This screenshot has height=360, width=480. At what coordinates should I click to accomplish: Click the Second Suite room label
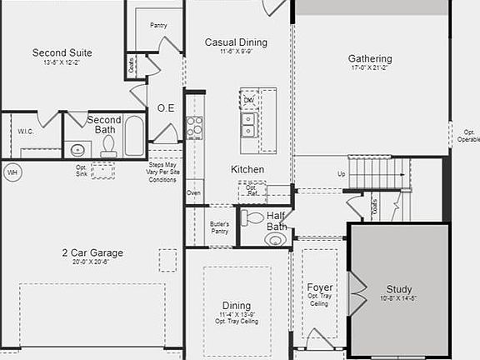(62, 52)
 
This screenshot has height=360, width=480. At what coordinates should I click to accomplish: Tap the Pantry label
(158, 25)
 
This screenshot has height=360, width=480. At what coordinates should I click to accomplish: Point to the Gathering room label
(370, 58)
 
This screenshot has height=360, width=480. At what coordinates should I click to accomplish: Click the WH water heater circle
(12, 172)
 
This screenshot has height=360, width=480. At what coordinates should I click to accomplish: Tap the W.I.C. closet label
(25, 132)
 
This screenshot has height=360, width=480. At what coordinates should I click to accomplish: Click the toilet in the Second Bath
(107, 145)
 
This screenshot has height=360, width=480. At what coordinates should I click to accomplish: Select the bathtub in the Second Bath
(134, 137)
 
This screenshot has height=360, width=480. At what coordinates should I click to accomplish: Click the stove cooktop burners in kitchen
(194, 127)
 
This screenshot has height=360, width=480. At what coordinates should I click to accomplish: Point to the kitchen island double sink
(248, 124)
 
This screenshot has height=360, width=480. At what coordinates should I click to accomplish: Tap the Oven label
(193, 192)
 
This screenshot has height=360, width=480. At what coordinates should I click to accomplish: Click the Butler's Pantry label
(219, 227)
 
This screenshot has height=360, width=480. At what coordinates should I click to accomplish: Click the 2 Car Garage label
(92, 252)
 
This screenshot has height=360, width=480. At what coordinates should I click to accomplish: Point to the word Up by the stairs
(340, 174)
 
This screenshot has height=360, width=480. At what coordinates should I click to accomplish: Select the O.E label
(165, 108)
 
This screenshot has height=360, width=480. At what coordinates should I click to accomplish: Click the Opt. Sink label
(81, 170)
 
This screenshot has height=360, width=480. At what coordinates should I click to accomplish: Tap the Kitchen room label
(247, 169)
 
